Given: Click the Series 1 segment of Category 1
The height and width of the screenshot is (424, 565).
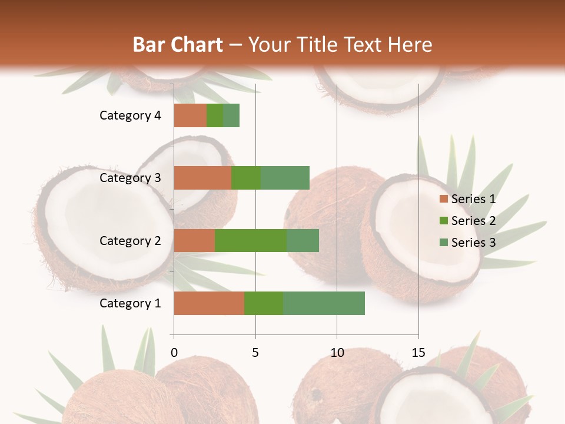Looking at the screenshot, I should (x=209, y=303).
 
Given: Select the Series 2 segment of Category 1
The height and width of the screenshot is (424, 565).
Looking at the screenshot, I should (x=264, y=303).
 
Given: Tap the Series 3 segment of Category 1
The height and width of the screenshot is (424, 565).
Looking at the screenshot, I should (x=324, y=303).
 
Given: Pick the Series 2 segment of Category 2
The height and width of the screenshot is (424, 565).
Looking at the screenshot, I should (x=251, y=240).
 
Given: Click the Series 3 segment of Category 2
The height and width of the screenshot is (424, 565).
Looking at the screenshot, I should (x=303, y=240).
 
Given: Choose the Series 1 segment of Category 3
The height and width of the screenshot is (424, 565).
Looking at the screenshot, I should (x=202, y=178).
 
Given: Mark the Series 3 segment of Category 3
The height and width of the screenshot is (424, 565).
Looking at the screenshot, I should (x=285, y=178).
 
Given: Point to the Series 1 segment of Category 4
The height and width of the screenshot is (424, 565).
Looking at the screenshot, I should (x=190, y=115).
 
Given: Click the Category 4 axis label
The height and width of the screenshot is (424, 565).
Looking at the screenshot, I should (x=130, y=115).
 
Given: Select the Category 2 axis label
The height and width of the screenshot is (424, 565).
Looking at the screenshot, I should (x=130, y=240).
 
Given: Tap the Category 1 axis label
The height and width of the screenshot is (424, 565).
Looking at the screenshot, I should (x=130, y=303).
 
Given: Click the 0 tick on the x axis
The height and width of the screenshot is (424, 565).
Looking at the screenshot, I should (x=174, y=353).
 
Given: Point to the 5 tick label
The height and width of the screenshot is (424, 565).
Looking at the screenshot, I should (x=255, y=353).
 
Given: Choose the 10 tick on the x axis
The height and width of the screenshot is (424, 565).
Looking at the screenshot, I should (x=337, y=353).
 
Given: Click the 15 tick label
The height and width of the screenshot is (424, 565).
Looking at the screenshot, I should (x=418, y=353).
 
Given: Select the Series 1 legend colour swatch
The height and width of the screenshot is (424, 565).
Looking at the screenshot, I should (x=443, y=199).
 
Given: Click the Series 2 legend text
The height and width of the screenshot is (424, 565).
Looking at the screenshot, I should (x=473, y=221).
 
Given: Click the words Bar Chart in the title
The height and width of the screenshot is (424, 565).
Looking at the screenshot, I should (x=178, y=44).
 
